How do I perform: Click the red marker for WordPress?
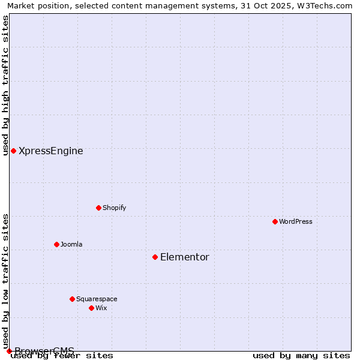point(275,221)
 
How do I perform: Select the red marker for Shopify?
point(98,208)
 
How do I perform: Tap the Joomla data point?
point(56,244)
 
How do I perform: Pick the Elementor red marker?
point(155,257)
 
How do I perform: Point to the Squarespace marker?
point(72,299)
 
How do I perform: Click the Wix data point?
point(91,308)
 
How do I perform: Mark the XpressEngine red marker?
point(13,151)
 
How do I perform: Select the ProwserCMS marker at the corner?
point(9,351)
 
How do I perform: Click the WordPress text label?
point(296,221)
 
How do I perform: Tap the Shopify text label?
point(114,208)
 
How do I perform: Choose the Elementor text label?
point(185,257)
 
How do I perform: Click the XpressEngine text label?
point(51,151)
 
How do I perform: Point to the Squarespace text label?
point(97,299)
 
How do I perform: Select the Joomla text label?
point(71,244)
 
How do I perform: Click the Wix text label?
point(101,308)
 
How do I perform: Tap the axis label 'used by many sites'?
point(301,355)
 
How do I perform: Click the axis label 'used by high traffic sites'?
point(5,85)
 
